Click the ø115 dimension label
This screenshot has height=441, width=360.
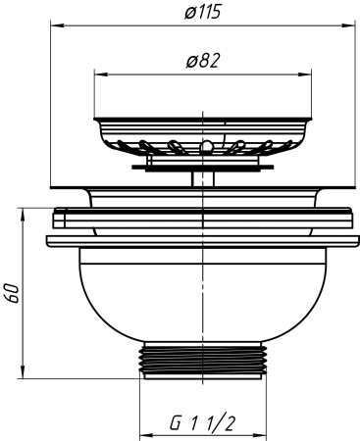(x=203, y=13)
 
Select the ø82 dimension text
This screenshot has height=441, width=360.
(x=203, y=61)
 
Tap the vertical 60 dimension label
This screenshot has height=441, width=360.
(x=13, y=293)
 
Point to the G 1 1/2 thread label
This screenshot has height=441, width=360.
(x=203, y=423)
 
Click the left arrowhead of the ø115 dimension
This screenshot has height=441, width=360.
(x=58, y=24)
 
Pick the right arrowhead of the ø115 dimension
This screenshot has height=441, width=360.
(x=348, y=24)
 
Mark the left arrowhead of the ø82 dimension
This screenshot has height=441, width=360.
(x=101, y=74)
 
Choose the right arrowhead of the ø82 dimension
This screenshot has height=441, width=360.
(x=304, y=74)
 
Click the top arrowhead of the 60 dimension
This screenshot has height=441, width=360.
(x=23, y=216)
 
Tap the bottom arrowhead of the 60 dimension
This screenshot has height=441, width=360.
(x=23, y=371)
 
